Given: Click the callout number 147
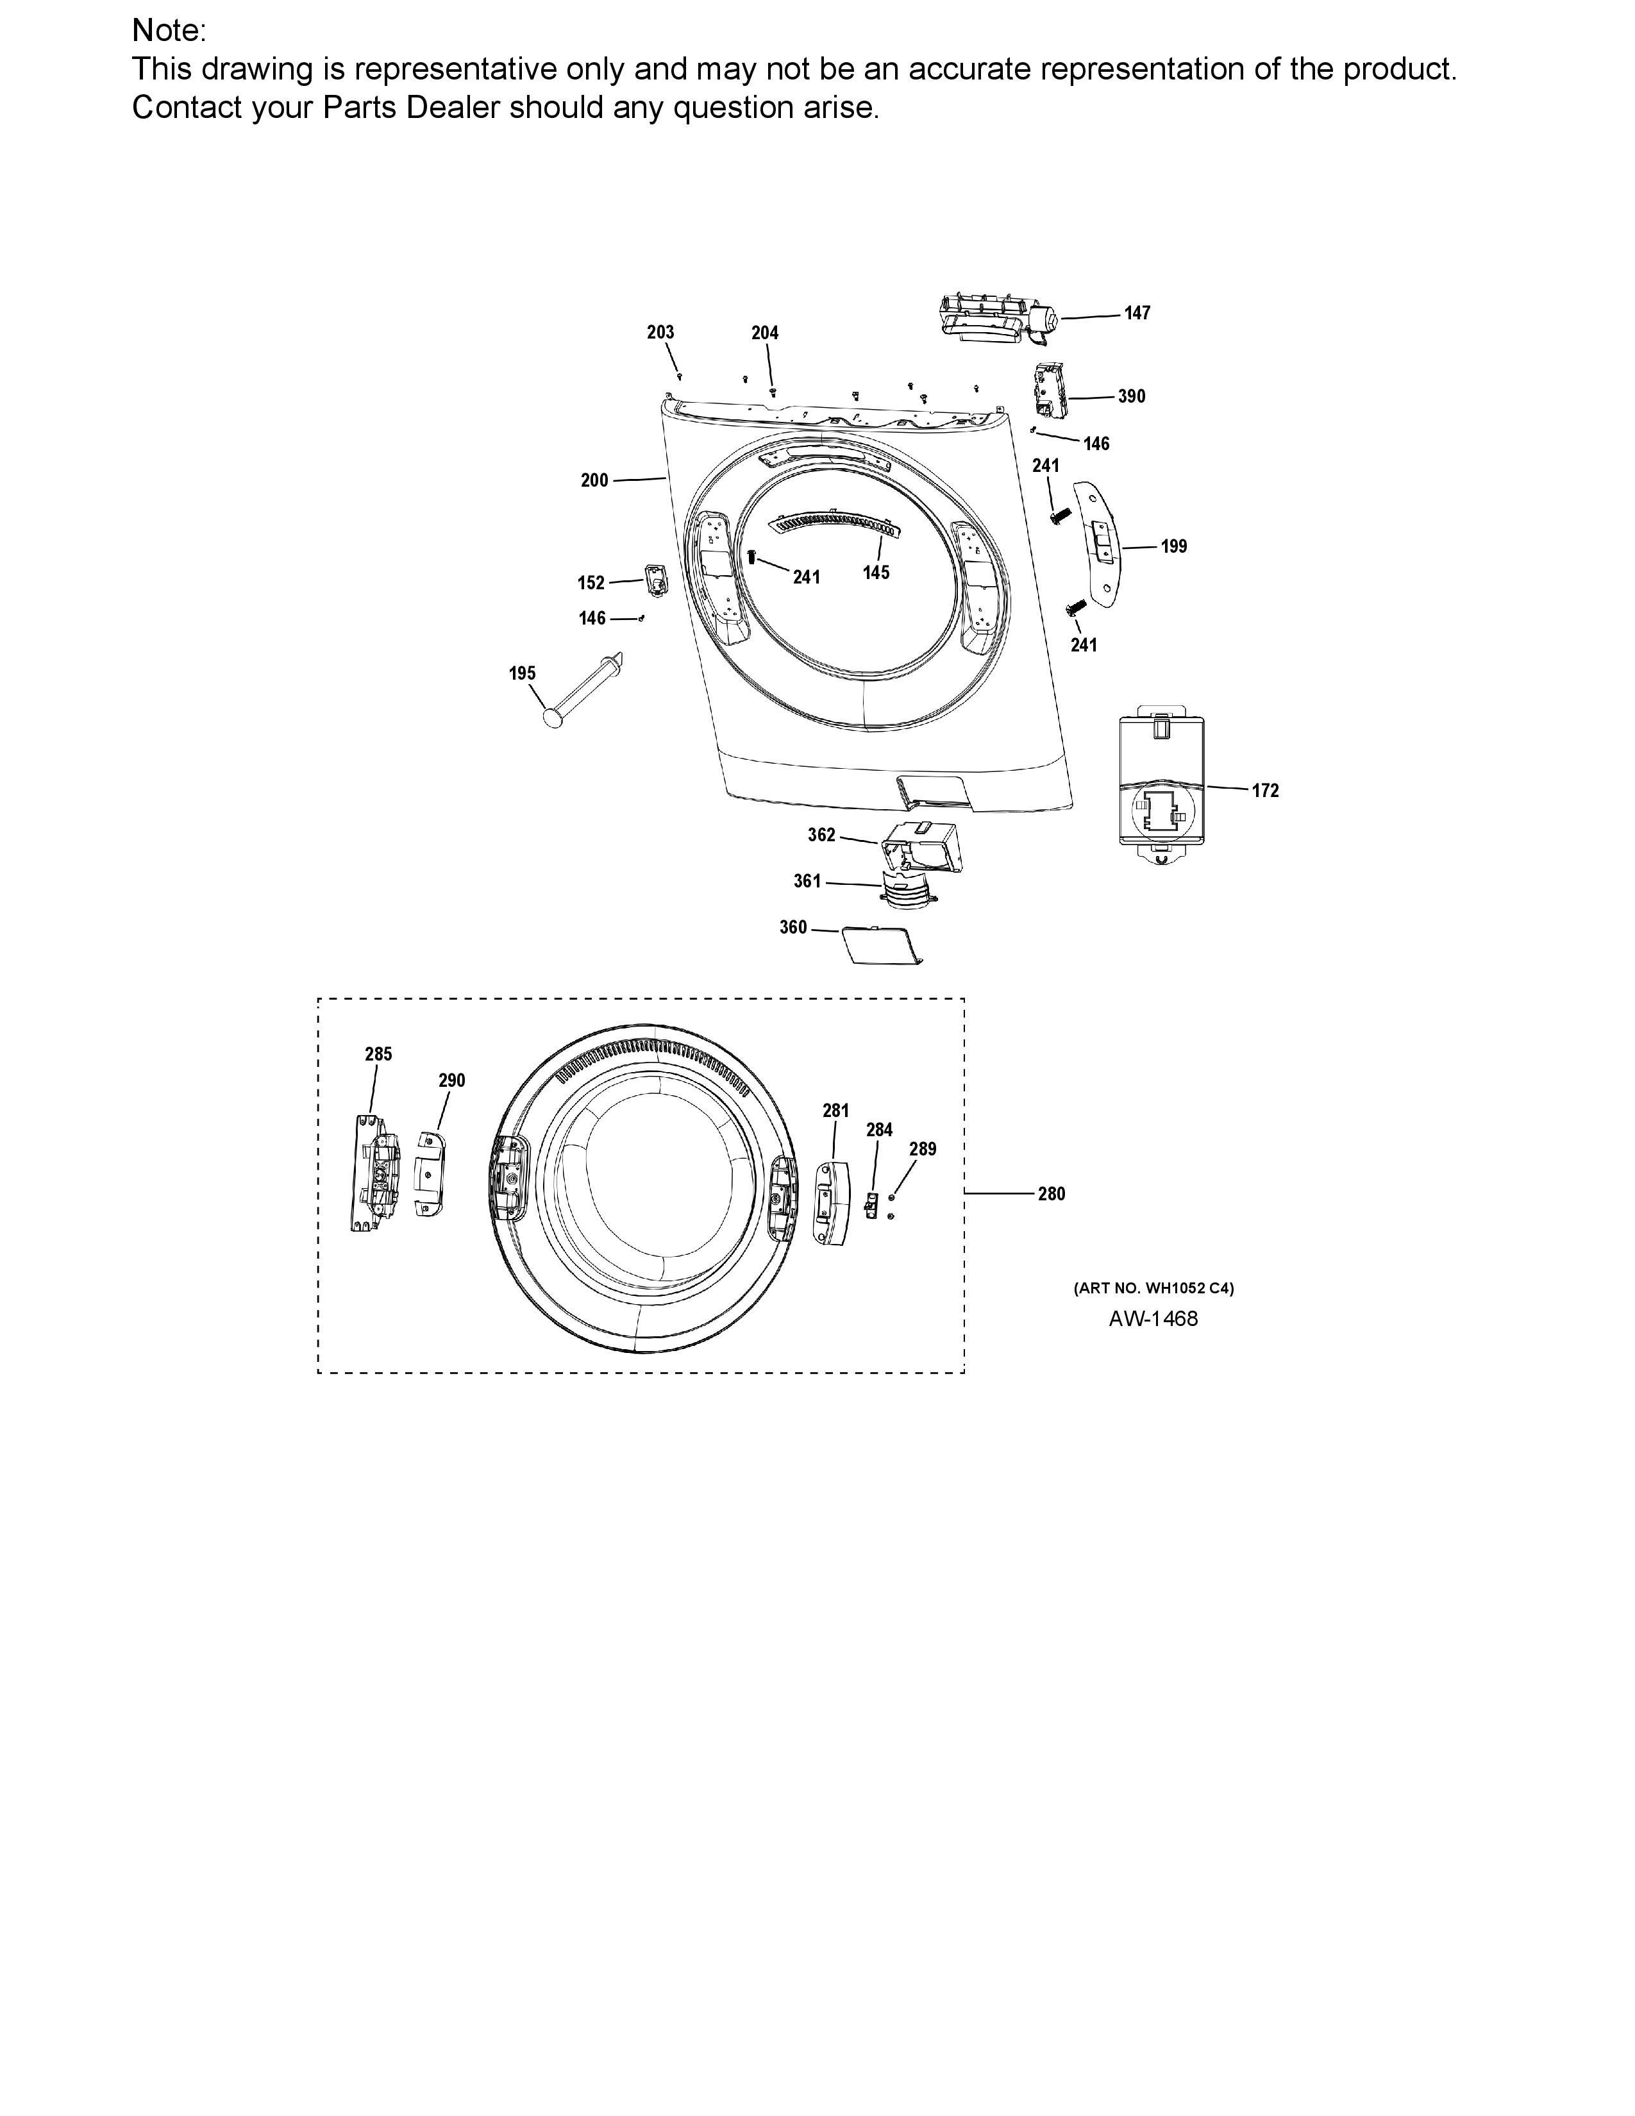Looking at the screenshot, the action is coord(1137,313).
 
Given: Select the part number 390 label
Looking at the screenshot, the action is coord(1131,396).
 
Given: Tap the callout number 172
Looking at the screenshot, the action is coord(1265,791).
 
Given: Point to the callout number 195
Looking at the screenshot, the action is coord(522,673).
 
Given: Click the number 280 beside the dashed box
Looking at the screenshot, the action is coord(1052,1195).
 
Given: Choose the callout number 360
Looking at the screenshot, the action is coord(793,927).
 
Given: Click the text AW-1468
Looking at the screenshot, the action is coord(1153,1318).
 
